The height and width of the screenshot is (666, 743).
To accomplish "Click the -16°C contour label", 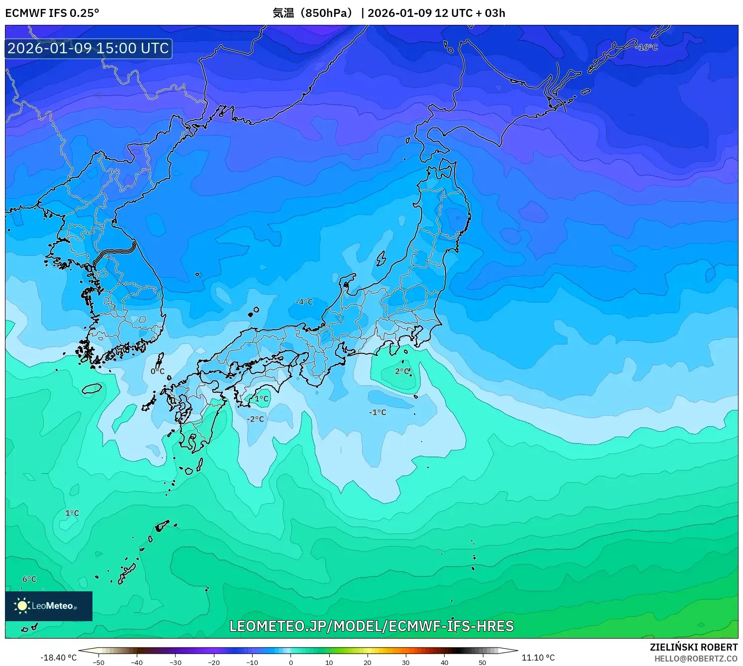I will [647, 47].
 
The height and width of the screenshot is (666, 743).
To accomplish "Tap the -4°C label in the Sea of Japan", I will [304, 302].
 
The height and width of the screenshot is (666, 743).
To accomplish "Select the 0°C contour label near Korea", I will [157, 371].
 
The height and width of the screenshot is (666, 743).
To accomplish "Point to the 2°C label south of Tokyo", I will [402, 371].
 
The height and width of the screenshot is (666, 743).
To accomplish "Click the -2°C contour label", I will [256, 419].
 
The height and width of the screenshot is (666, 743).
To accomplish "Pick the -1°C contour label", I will [377, 412].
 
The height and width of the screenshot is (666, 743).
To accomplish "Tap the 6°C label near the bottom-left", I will [29, 579].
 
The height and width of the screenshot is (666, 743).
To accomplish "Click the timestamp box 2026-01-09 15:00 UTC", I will [89, 48].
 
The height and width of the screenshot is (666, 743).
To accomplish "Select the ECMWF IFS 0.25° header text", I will [52, 13].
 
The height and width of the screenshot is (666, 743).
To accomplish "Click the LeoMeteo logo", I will [48, 606].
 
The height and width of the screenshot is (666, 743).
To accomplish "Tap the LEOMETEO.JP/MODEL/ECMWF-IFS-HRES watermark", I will [371, 626].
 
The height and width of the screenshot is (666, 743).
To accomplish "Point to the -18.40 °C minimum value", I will [59, 658].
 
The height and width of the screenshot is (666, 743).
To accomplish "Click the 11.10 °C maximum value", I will [538, 658].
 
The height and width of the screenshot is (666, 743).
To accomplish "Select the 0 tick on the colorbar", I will [291, 663].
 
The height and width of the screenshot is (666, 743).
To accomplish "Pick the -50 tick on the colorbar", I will [98, 663].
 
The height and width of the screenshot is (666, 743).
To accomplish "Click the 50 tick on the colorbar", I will [482, 663].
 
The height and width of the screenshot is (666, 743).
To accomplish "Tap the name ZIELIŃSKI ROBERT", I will [694, 647].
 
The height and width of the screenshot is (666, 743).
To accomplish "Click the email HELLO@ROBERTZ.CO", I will [696, 659].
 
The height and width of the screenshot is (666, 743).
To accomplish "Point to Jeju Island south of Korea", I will [92, 388].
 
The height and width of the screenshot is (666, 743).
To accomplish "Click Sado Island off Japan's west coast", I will [381, 259].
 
